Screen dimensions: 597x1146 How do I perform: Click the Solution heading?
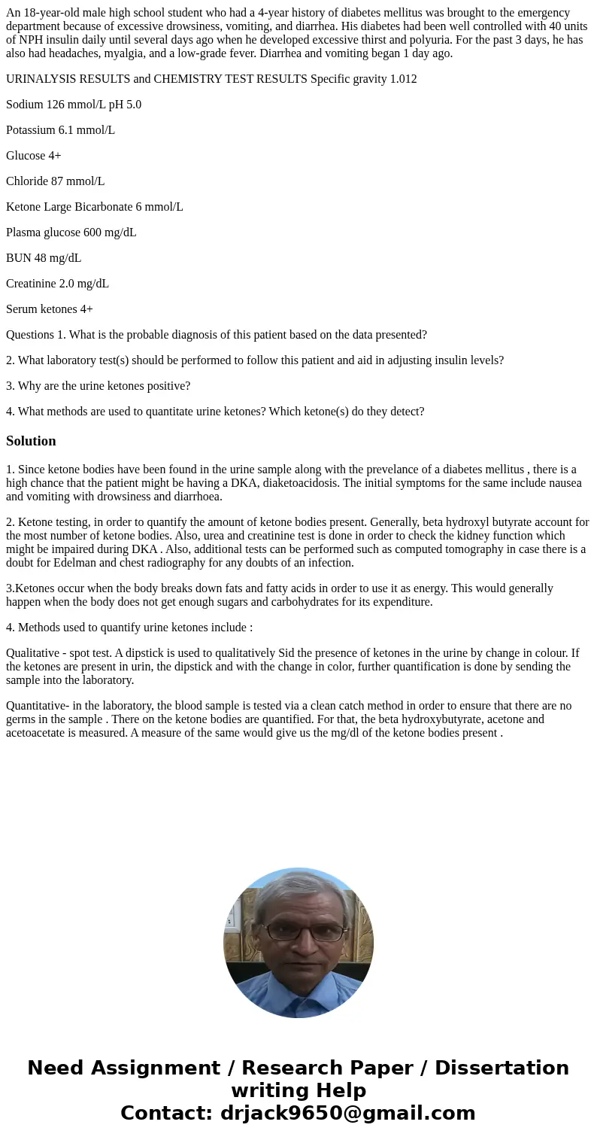point(31,441)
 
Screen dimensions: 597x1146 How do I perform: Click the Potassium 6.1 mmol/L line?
point(60,130)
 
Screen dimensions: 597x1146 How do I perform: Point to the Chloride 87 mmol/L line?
point(55,181)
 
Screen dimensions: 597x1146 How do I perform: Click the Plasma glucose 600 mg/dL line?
point(71,233)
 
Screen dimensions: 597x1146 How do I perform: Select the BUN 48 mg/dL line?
point(44,258)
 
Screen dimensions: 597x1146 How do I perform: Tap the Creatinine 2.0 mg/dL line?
point(57,284)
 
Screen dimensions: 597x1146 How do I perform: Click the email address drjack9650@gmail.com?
point(347,1113)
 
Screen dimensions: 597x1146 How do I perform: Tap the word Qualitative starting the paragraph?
point(32,653)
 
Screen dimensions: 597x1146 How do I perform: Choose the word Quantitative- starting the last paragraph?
point(36,706)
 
